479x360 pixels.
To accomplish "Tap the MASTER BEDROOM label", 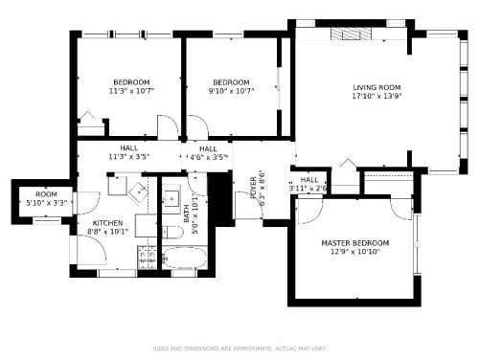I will point(354,243).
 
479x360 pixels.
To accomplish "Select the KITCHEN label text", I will point(107,222).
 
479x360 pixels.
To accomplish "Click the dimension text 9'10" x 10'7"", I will point(231,91).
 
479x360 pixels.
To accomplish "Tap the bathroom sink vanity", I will point(171,199).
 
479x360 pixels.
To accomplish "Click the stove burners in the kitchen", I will point(148,256).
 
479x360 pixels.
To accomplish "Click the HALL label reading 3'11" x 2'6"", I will point(308,184).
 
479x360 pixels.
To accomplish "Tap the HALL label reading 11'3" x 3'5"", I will point(128,152).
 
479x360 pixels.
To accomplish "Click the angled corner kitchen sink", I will point(136,190).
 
